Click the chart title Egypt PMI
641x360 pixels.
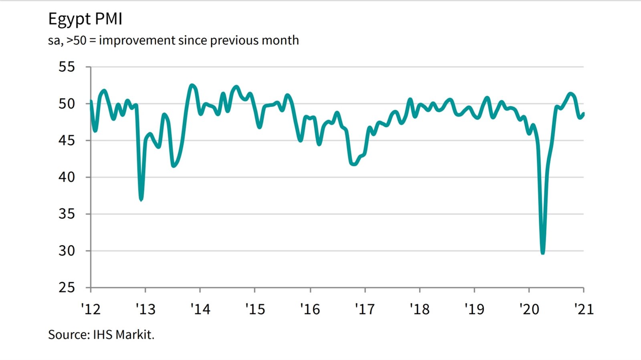tap(85, 19)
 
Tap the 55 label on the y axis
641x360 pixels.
tap(67, 67)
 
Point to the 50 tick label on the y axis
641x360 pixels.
tap(67, 104)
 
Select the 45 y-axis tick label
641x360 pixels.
tap(67, 141)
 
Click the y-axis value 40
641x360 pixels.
tap(67, 177)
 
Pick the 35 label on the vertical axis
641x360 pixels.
tap(67, 214)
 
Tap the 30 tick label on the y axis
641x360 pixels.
tap(67, 251)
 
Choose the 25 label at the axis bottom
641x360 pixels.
tap(67, 288)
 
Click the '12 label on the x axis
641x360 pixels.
tap(91, 309)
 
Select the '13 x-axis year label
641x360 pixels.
tap(145, 309)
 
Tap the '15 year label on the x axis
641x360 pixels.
tap(255, 309)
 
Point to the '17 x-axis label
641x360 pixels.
tap(365, 309)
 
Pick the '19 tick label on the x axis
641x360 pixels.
tap(474, 309)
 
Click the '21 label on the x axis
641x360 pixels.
tap(584, 309)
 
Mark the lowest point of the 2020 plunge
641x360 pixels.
tap(543, 252)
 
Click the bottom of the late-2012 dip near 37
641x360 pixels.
tap(141, 199)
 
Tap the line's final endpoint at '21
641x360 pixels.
tap(583, 114)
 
